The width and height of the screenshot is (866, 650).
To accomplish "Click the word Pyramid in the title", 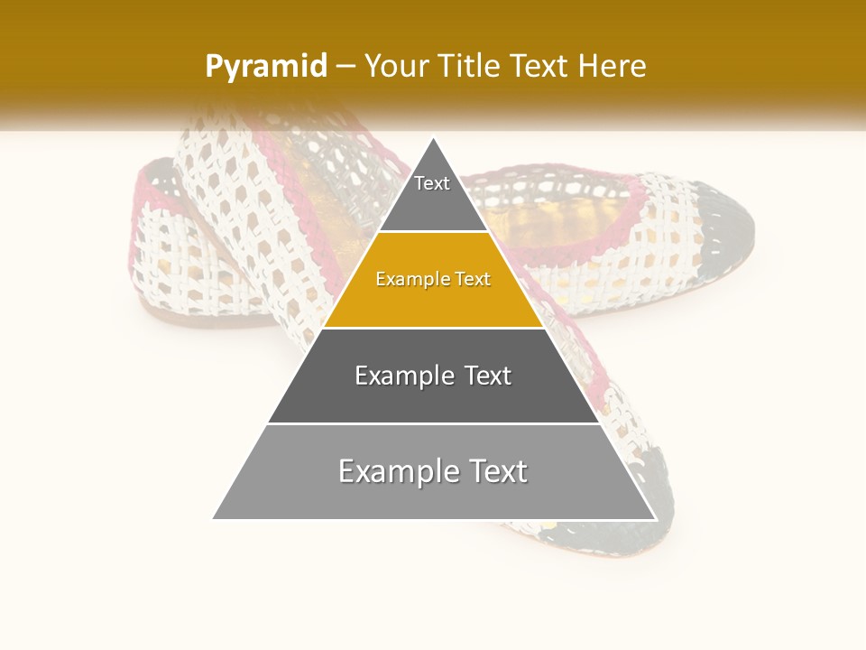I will (266, 67).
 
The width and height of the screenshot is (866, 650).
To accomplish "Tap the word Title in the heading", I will (468, 66).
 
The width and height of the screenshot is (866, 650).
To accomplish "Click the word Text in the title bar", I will (539, 66).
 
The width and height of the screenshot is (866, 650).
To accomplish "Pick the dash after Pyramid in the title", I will (345, 67).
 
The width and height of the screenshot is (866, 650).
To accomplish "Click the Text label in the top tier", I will (432, 183).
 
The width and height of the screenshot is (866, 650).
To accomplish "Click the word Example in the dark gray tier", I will (403, 376).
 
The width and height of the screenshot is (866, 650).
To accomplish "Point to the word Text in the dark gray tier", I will (487, 376).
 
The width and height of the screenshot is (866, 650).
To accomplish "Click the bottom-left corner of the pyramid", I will (214, 518).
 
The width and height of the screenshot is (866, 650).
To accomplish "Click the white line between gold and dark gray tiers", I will (433, 328).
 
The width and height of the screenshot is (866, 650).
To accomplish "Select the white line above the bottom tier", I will (433, 423).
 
